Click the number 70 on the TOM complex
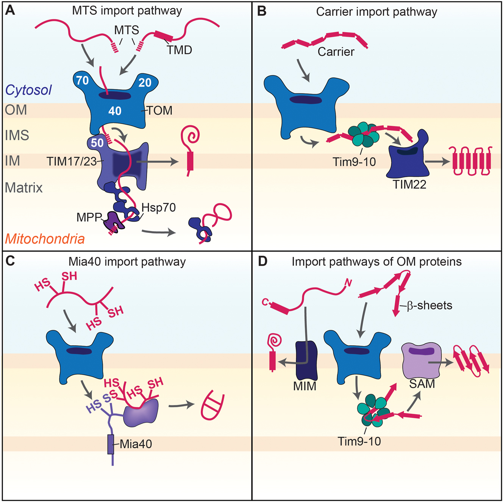82,80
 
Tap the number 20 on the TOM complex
145,83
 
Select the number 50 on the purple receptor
97,143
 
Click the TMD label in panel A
180,50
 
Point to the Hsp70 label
158,207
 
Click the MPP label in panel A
89,217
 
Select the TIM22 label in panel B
409,184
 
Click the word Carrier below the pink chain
336,51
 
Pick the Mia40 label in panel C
136,444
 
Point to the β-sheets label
429,305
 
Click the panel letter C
10,261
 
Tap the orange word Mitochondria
45,239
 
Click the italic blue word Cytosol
28,90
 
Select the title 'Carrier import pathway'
376,12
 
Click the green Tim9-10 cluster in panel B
364,134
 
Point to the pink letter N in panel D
348,282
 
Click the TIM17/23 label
72,162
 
